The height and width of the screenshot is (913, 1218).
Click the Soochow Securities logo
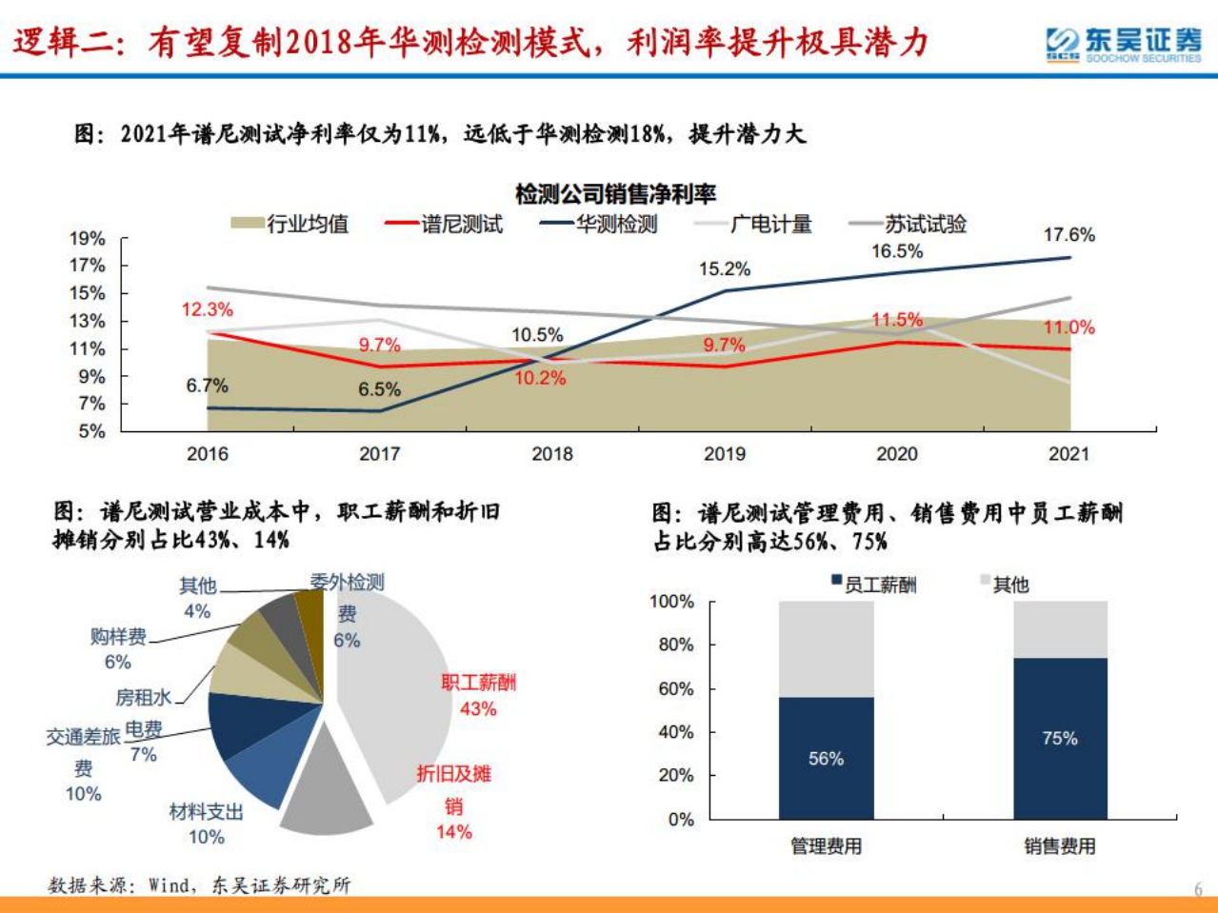[x=1123, y=44]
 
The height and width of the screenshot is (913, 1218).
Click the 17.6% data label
[x=1068, y=234]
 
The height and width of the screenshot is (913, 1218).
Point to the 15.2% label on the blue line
[x=724, y=269]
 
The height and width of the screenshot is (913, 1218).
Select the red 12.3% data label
[x=207, y=309]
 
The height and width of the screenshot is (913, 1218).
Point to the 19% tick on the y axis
[x=87, y=239]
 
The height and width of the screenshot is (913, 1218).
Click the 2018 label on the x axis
[x=551, y=454]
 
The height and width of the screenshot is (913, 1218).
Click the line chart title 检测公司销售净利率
[x=615, y=195]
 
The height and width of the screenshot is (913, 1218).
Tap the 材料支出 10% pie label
[x=206, y=824]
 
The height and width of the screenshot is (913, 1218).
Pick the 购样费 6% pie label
[x=118, y=648]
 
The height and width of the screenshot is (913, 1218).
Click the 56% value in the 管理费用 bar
[x=826, y=759]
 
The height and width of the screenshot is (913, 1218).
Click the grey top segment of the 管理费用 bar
[x=826, y=647]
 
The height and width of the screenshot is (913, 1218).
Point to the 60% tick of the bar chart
[x=676, y=688]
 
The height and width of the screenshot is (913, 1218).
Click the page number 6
[x=1198, y=889]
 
